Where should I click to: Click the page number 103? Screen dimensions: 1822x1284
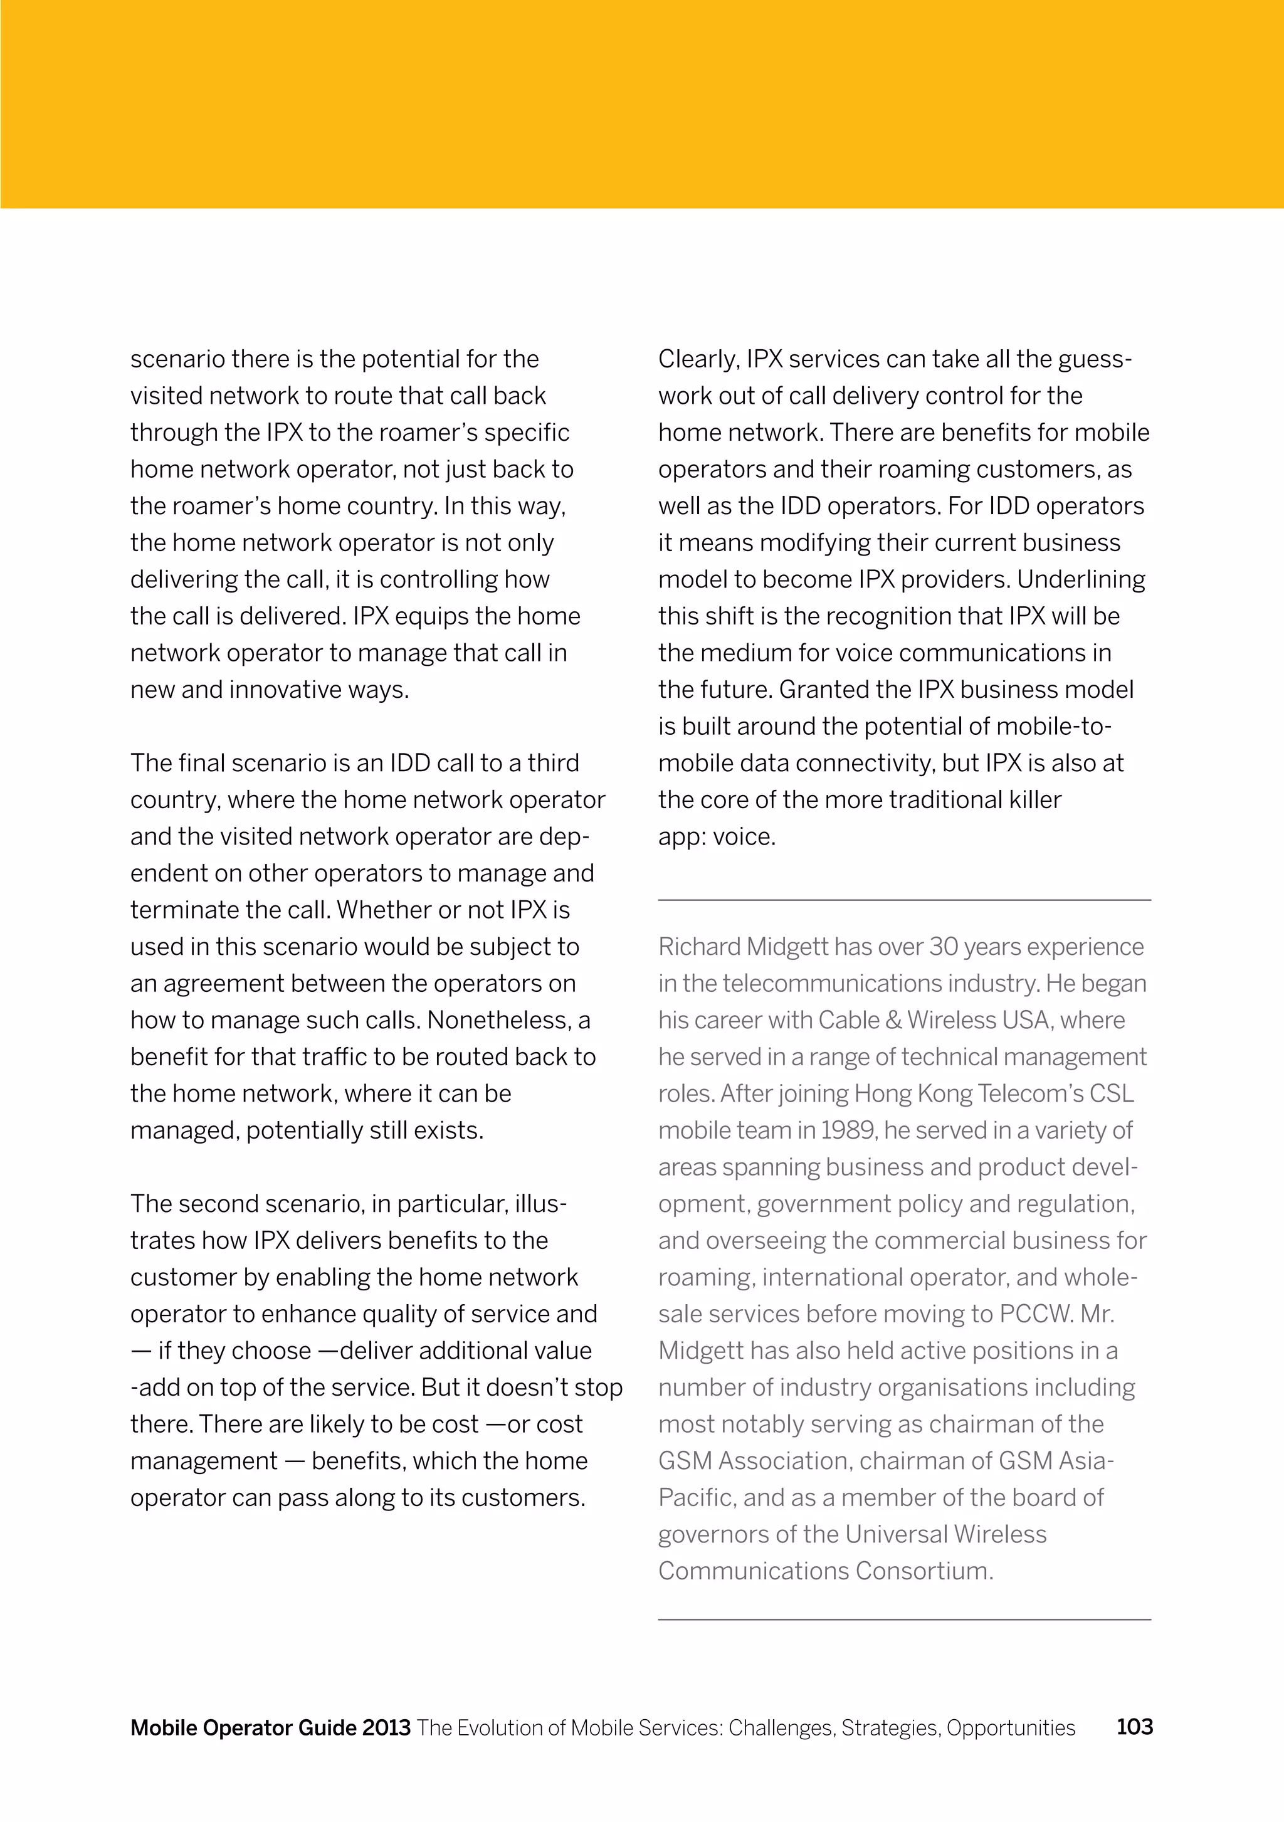click(1134, 1726)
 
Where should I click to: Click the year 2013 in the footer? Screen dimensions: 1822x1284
click(386, 1727)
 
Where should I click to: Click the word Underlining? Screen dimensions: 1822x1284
click(1081, 580)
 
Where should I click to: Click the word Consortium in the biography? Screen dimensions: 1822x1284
click(924, 1571)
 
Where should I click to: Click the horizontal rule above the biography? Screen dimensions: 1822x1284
click(904, 900)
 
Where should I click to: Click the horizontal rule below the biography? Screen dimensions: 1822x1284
click(904, 1619)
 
